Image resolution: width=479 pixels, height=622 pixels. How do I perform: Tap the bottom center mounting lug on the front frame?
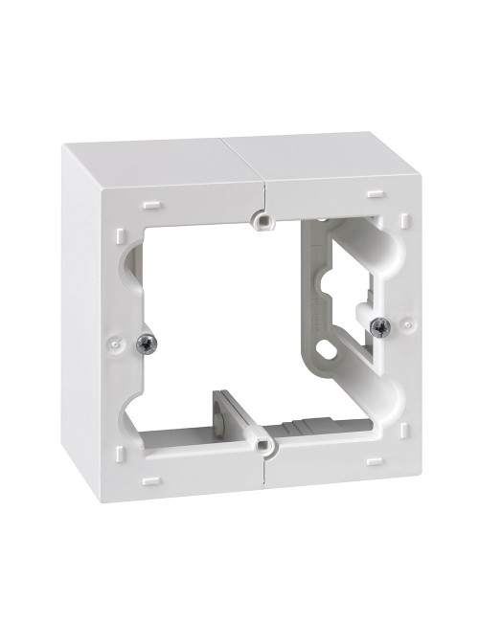pyautogui.click(x=261, y=444)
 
